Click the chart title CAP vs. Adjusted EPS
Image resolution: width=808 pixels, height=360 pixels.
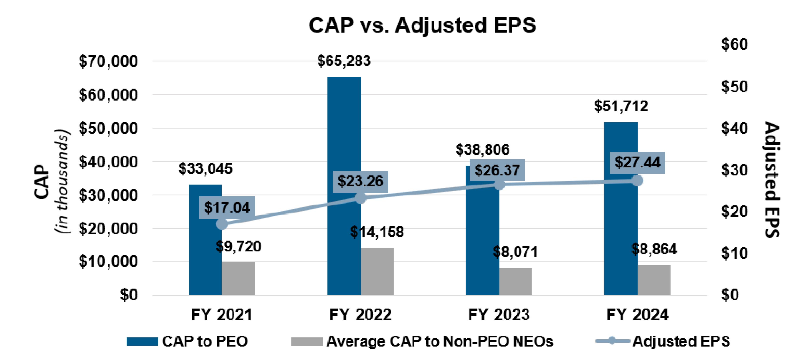(x=422, y=25)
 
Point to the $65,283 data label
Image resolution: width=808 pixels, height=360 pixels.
(x=344, y=61)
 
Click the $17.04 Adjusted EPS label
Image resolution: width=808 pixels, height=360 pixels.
(x=227, y=208)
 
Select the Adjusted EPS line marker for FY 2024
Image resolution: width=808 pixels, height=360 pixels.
(x=637, y=181)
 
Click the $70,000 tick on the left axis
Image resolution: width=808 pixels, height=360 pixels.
(x=108, y=61)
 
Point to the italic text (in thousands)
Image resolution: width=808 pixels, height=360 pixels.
(x=62, y=181)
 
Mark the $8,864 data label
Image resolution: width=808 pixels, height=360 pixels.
(x=654, y=249)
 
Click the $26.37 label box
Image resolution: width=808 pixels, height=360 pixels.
(x=497, y=170)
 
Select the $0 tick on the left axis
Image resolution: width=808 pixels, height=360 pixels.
(x=129, y=295)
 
